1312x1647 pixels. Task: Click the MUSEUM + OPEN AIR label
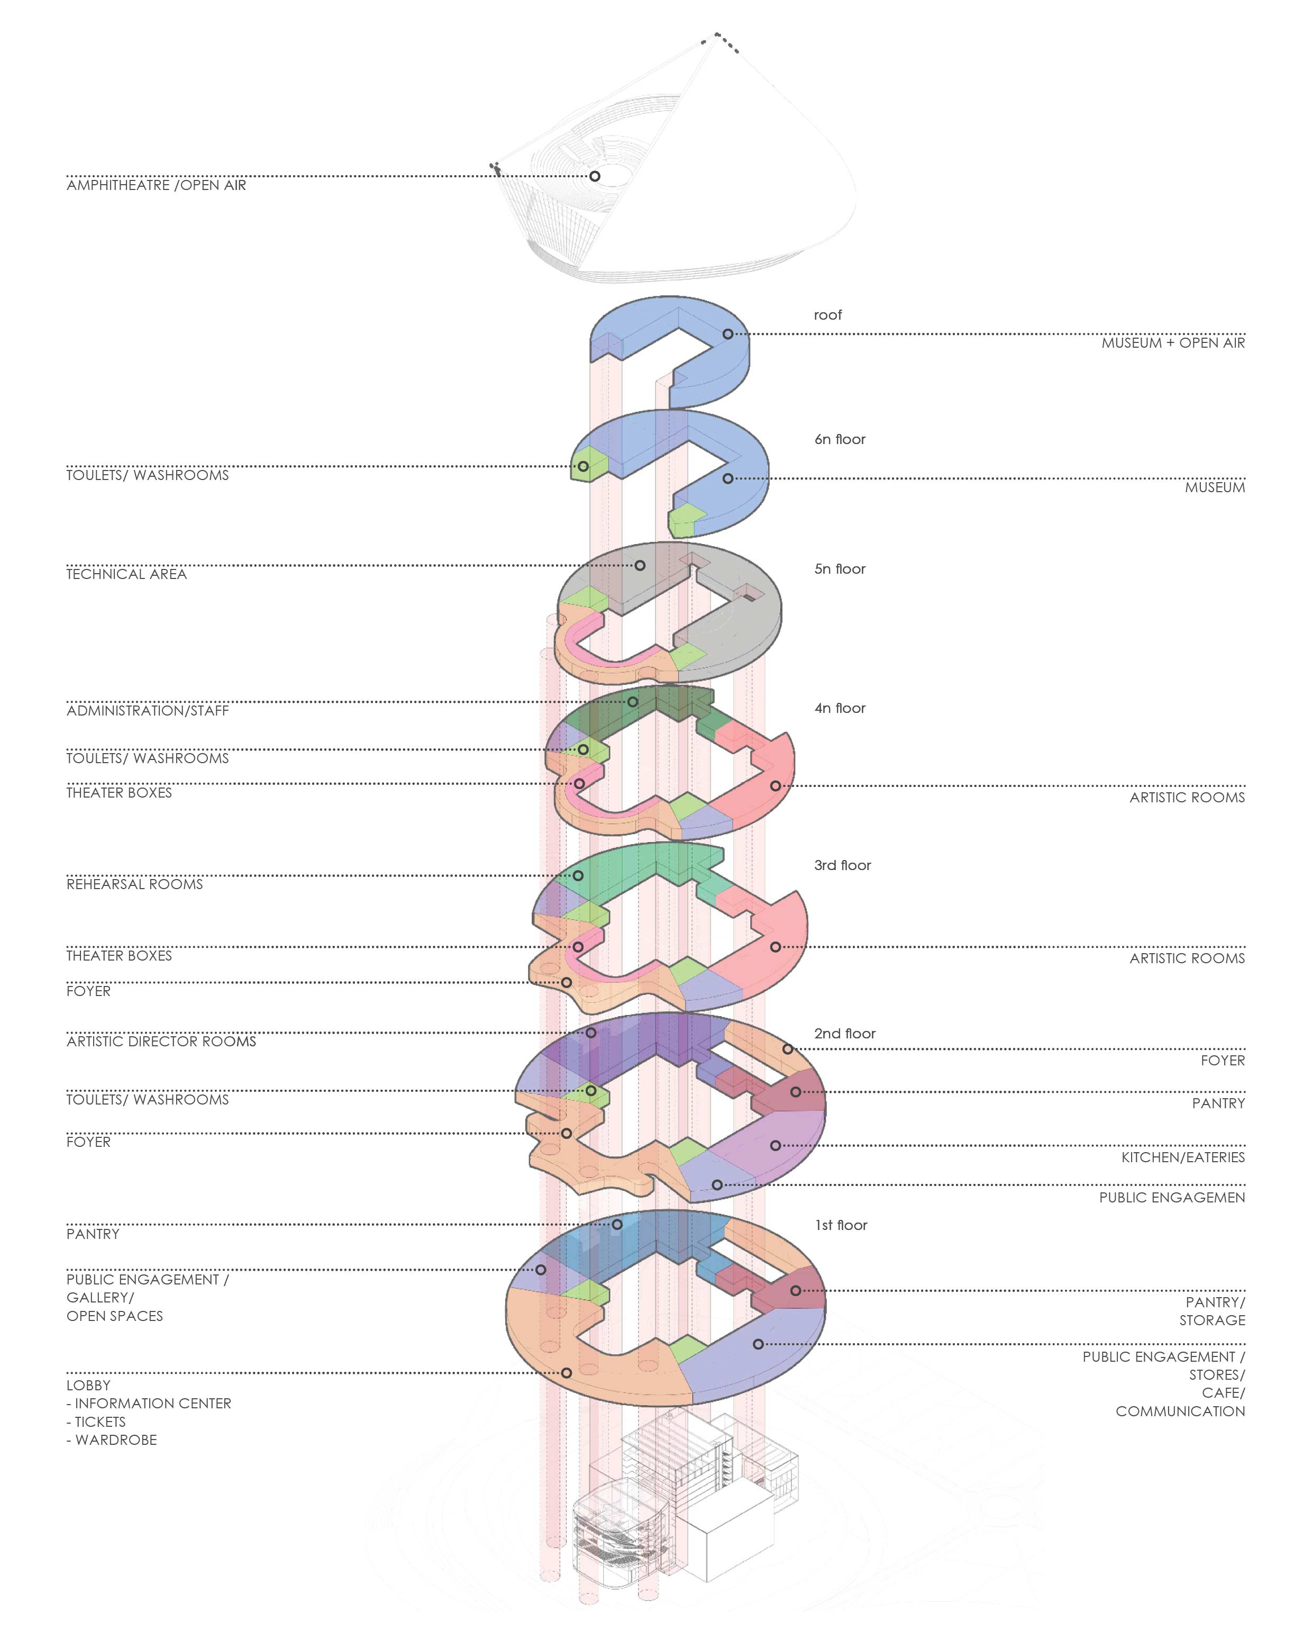pos(1172,343)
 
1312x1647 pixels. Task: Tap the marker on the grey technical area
pos(640,565)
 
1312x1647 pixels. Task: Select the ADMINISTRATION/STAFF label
pos(148,710)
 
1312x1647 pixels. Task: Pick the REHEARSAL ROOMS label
pos(134,884)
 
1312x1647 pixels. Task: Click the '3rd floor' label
pos(842,865)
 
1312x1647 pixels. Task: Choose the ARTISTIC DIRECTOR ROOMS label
pos(161,1041)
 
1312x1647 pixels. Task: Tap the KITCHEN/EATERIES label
pos(1182,1157)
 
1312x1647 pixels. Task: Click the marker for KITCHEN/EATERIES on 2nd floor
pos(775,1145)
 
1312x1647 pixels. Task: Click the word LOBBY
pos(88,1385)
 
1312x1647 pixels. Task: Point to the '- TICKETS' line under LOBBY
pos(96,1422)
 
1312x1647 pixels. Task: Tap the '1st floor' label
pos(840,1225)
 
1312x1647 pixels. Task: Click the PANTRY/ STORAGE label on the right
pos(1214,1311)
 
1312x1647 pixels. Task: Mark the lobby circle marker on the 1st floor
pos(566,1373)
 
